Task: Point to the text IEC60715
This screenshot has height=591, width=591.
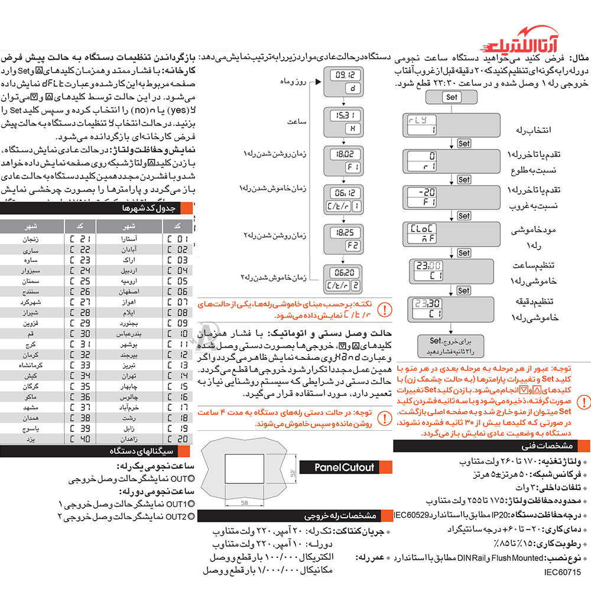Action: (x=563, y=572)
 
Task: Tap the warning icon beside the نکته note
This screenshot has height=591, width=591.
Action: (x=384, y=309)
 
